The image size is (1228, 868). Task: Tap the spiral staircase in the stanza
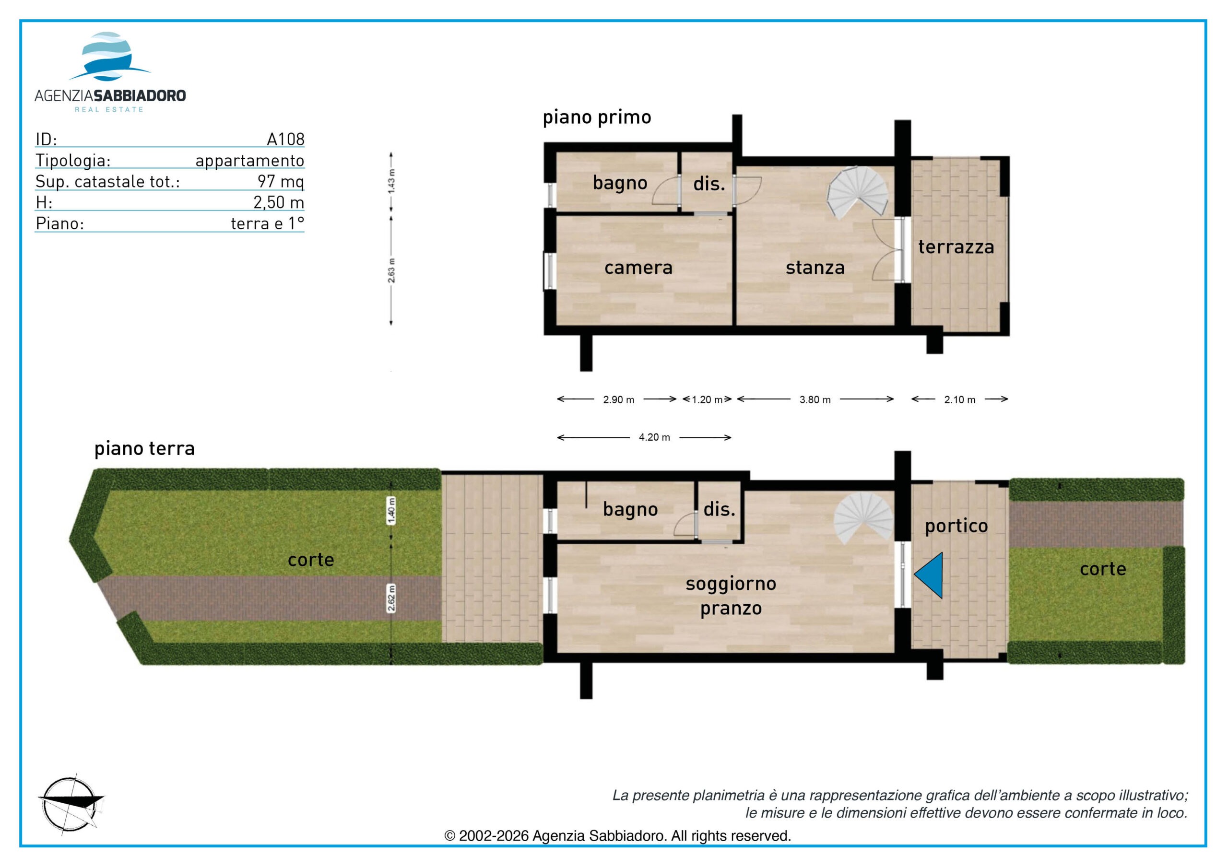tap(857, 192)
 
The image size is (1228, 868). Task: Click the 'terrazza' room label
tap(956, 247)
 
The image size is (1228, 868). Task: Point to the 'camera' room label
tap(638, 268)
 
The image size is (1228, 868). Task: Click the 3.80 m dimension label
tap(815, 399)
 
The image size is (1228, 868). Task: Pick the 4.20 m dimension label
tap(654, 437)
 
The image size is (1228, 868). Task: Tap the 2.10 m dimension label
tap(959, 399)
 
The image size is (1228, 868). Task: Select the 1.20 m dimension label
tap(707, 399)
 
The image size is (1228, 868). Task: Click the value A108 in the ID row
tap(285, 139)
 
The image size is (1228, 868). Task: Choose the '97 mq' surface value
tap(281, 181)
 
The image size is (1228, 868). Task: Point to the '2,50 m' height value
tap(279, 202)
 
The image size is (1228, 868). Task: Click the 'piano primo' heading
tap(597, 117)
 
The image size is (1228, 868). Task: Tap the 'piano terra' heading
tap(144, 448)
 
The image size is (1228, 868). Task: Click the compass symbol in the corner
tap(71, 804)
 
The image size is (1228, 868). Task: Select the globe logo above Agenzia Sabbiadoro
tap(110, 56)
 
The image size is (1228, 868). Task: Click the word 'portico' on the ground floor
tap(956, 526)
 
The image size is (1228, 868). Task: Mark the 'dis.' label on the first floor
tap(709, 184)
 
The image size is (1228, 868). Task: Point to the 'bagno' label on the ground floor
tap(630, 510)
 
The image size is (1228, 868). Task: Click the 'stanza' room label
tap(815, 268)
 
